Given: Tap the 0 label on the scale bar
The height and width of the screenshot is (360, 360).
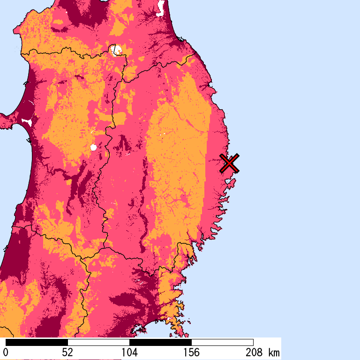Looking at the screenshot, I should (x=6, y=352).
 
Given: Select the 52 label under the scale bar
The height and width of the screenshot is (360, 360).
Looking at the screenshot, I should (x=67, y=352).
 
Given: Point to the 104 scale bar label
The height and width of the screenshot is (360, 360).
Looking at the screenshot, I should (x=129, y=352).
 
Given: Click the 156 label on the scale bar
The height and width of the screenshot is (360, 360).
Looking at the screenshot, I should (x=191, y=352).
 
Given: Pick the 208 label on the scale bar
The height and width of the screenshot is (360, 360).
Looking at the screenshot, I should (x=253, y=352).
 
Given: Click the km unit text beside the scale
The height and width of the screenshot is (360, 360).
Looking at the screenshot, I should (x=274, y=352).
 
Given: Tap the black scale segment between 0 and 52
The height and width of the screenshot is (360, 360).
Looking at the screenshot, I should (x=37, y=342).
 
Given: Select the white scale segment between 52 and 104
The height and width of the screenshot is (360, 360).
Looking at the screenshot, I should (x=98, y=342).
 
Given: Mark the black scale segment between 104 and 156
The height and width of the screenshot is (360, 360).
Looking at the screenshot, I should (x=160, y=342).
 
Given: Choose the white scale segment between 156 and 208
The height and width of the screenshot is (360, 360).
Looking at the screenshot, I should (x=222, y=342).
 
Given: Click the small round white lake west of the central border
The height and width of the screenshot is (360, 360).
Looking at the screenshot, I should (x=93, y=148).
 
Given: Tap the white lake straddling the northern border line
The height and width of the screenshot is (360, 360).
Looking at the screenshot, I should (x=115, y=49).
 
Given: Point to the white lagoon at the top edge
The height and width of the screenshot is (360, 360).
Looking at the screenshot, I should (x=161, y=7).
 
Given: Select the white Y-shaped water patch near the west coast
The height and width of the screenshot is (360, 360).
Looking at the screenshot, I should (x=27, y=122).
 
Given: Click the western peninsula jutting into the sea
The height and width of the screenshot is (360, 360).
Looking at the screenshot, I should (x=7, y=121).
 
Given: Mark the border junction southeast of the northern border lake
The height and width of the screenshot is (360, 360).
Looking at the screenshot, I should (x=123, y=81).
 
